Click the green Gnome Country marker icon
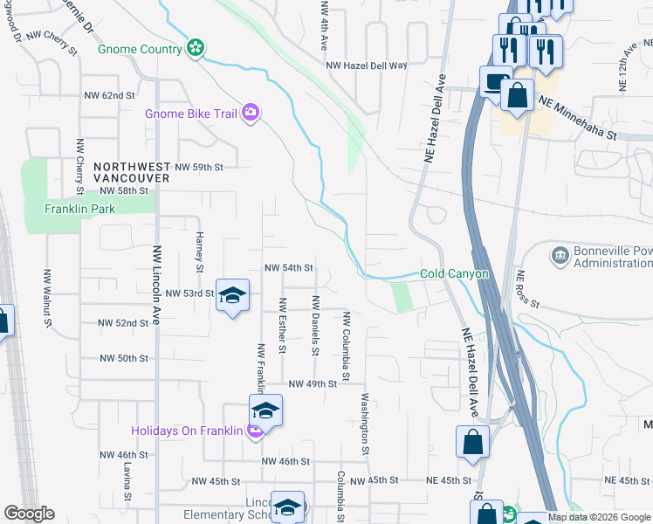tap(196, 48)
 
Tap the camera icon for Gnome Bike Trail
tap(251, 112)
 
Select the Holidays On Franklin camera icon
tap(255, 430)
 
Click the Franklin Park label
tap(79, 209)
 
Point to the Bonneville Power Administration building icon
tap(559, 255)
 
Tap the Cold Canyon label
tap(454, 273)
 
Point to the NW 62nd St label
tap(109, 94)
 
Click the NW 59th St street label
tap(199, 166)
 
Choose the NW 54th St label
tap(288, 268)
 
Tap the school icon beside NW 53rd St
tap(233, 296)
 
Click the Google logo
tap(29, 514)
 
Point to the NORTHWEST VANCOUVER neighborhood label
tap(132, 172)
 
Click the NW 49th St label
tap(313, 383)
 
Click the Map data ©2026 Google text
tap(599, 517)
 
